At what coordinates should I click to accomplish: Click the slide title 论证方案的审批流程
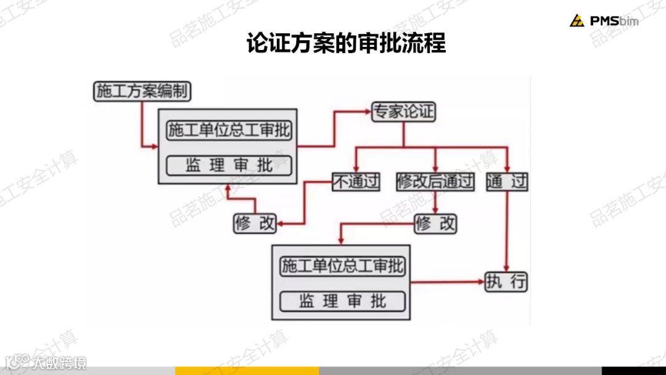click(346, 44)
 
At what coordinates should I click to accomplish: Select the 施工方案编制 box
click(142, 92)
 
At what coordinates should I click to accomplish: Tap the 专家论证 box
click(403, 112)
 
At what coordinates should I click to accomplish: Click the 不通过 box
click(356, 181)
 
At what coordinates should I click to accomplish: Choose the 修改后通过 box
click(435, 181)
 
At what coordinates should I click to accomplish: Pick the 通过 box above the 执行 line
click(507, 181)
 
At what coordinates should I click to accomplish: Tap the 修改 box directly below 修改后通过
click(435, 223)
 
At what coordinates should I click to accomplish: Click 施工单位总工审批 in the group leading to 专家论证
click(229, 131)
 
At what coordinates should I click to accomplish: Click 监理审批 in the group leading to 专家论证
click(229, 165)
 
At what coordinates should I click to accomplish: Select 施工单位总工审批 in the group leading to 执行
click(343, 266)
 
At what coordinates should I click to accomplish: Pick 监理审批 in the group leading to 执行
click(343, 301)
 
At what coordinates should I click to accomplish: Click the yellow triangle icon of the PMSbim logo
click(577, 21)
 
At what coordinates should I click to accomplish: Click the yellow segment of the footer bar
click(247, 371)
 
